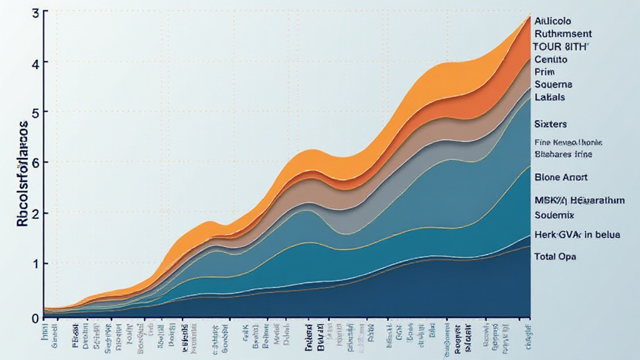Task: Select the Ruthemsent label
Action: (x=563, y=34)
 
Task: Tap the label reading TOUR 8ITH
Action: (x=561, y=47)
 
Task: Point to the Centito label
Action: (x=551, y=59)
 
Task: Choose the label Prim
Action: (x=545, y=72)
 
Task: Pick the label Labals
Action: (x=550, y=97)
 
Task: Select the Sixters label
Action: (x=550, y=124)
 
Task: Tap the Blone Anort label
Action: (x=561, y=177)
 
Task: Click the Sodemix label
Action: (x=554, y=215)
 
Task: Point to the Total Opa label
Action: (x=556, y=256)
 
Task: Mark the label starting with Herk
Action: (x=577, y=235)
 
